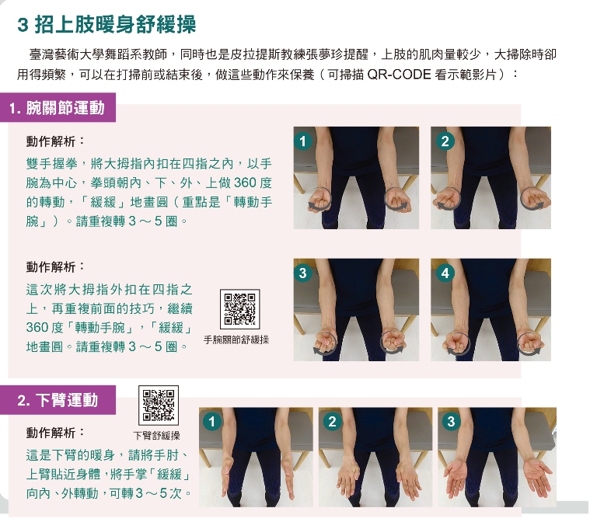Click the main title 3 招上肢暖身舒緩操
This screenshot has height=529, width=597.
coord(106,24)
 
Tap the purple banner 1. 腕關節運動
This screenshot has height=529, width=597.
coord(58,108)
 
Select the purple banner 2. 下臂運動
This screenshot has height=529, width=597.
coord(58,400)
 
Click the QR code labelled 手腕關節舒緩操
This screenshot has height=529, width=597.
coord(240,309)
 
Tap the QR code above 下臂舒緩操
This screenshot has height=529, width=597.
coord(159,405)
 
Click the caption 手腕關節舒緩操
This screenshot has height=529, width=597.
coord(236,339)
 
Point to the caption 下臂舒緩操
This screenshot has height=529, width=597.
coord(156,435)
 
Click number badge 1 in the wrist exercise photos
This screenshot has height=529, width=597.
coord(303,141)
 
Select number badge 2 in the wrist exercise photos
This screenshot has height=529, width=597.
coord(445,141)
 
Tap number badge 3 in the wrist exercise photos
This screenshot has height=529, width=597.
coord(303,273)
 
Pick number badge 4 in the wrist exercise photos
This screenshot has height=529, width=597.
coord(445,273)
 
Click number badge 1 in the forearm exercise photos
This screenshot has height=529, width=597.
coord(212,422)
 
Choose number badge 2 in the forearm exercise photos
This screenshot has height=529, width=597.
coord(332,422)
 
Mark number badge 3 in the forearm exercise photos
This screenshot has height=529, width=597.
coord(451,422)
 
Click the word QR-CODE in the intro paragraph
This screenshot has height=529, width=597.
coord(399,75)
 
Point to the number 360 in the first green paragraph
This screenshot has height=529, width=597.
coord(245,183)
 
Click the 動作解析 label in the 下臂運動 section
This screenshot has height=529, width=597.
coord(51,433)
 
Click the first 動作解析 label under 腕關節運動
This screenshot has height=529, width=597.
coord(51,141)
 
